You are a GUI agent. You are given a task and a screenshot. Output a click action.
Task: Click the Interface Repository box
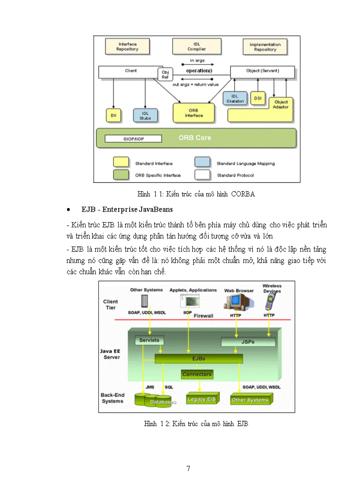click(127, 47)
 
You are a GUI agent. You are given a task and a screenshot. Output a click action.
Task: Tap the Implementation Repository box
click(265, 47)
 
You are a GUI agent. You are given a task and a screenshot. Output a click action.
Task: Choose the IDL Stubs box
click(145, 115)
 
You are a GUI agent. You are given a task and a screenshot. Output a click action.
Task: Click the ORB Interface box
click(194, 113)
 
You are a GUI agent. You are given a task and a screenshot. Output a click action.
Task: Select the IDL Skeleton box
click(235, 99)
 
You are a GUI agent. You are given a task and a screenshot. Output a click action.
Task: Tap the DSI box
click(258, 98)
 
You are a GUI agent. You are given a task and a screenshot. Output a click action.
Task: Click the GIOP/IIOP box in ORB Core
click(133, 139)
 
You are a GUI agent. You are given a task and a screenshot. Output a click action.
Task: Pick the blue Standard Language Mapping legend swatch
click(202, 162)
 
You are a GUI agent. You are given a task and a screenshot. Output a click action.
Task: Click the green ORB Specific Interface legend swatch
click(121, 175)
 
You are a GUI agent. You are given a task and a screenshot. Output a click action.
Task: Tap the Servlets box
click(149, 340)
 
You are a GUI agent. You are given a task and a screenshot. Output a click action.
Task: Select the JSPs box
click(248, 342)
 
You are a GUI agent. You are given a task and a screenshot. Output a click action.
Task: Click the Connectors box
click(197, 374)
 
